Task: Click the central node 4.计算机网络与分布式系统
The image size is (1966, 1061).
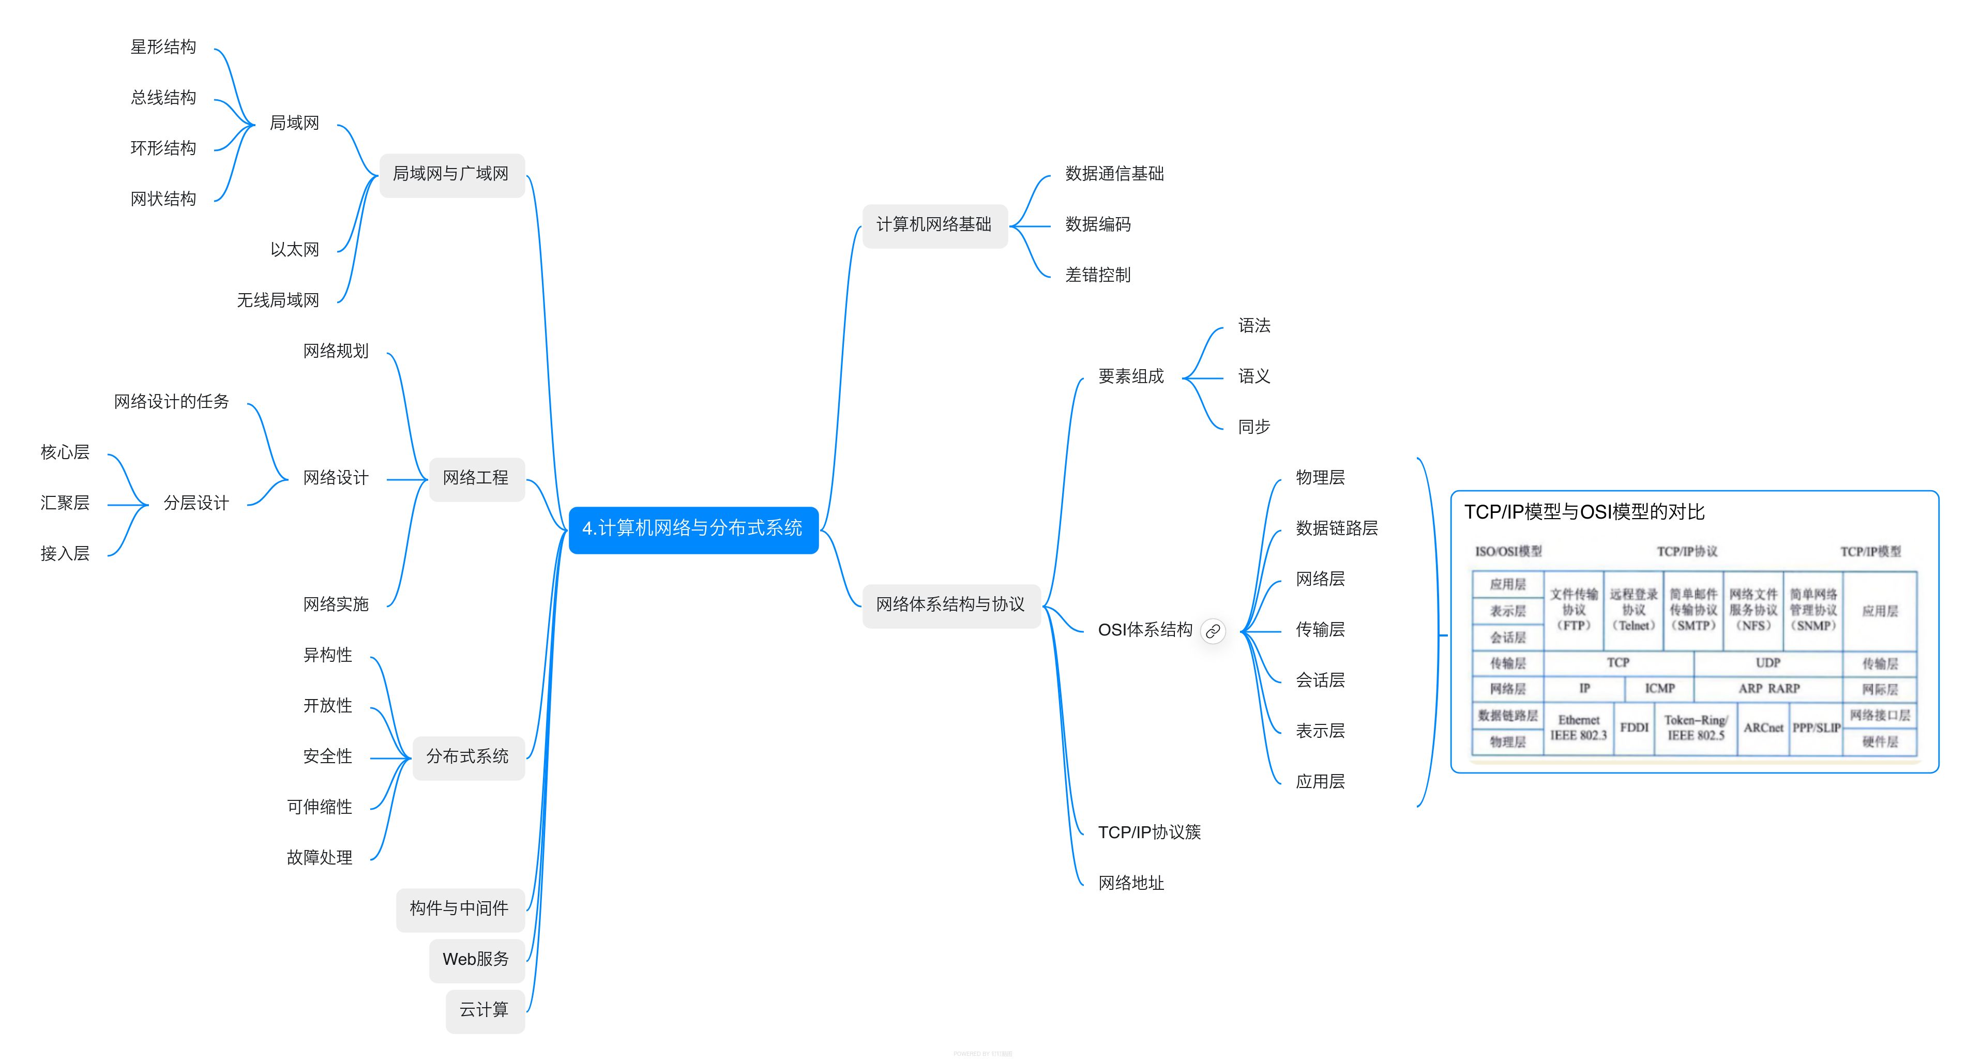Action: pos(692,528)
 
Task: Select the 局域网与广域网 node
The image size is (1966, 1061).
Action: pos(451,174)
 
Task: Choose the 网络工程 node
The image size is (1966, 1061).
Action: pos(476,478)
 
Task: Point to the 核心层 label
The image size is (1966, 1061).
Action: pos(65,452)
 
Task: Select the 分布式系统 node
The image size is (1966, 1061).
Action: pos(467,756)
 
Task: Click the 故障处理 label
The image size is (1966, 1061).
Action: pos(319,858)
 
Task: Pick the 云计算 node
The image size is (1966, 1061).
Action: pos(484,1010)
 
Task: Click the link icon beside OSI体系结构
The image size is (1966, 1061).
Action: pos(1213,631)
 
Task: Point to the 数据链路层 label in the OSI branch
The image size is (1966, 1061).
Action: pos(1336,528)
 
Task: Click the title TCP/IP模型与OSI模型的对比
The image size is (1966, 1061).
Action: pos(1584,512)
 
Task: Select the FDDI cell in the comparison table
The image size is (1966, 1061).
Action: pos(1634,727)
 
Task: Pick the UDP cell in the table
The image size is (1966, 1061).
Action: pos(1767,662)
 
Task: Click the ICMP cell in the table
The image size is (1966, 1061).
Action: pos(1659,689)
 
